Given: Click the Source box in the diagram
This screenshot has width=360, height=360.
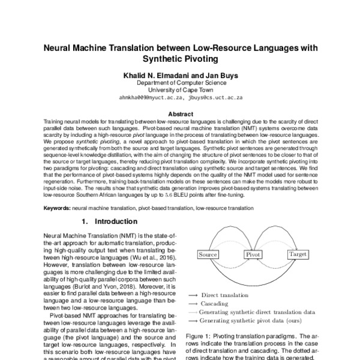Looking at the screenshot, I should click(207, 255).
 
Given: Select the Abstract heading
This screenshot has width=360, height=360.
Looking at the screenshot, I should click(180, 113).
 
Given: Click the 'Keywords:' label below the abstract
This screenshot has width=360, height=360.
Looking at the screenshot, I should click(57, 207).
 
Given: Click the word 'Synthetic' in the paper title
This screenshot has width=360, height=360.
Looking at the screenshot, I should click(164, 59).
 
